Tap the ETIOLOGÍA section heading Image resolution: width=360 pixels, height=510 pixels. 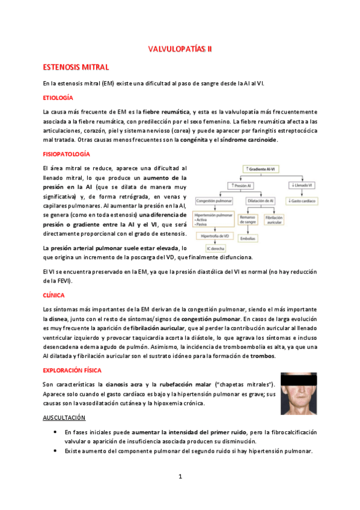pyautogui.click(x=58, y=97)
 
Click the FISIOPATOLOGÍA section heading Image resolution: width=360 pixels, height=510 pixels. pyautogui.click(x=66, y=155)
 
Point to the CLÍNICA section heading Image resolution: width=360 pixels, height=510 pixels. pyautogui.click(x=54, y=295)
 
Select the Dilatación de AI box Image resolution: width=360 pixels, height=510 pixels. pyautogui.click(x=263, y=200)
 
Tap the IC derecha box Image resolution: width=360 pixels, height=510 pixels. pyautogui.click(x=215, y=248)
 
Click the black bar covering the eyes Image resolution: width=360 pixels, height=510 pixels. pyautogui.click(x=302, y=381)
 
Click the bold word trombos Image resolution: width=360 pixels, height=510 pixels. pyautogui.click(x=263, y=356)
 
